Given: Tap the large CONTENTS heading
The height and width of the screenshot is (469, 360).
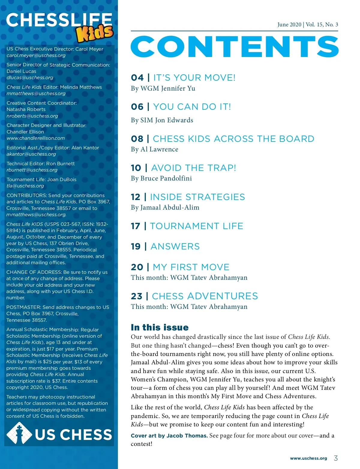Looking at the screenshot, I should (x=235, y=46).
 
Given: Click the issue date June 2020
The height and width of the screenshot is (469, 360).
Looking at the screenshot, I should (x=289, y=25).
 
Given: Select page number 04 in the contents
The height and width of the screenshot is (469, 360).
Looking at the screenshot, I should (x=137, y=78).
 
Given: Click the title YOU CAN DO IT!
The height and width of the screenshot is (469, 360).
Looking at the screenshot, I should (x=192, y=107).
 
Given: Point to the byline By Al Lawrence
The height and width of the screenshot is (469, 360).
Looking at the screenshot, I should (x=154, y=149).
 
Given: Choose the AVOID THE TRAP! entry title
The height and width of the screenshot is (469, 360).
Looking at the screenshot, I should (x=193, y=168).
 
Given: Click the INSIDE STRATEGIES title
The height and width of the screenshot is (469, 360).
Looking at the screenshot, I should (x=197, y=197).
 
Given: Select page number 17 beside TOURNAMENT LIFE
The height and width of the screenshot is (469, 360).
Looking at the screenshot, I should (x=136, y=226).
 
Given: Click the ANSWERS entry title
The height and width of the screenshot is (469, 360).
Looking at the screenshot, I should (x=175, y=246).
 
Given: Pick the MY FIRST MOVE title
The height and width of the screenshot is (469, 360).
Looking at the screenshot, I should (x=191, y=267).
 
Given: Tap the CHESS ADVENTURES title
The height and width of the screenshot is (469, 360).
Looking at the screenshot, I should (x=205, y=296).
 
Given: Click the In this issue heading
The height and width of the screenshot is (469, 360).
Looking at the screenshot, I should (x=160, y=327).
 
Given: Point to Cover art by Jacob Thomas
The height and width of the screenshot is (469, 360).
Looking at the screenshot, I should (x=169, y=436).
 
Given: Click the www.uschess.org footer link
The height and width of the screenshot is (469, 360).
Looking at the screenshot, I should (x=308, y=458).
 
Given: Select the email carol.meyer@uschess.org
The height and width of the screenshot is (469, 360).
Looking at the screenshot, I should (x=36, y=55).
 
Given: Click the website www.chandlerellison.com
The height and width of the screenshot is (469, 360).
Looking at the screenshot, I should (x=36, y=138).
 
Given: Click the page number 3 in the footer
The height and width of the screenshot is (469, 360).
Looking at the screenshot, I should (x=336, y=458).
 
